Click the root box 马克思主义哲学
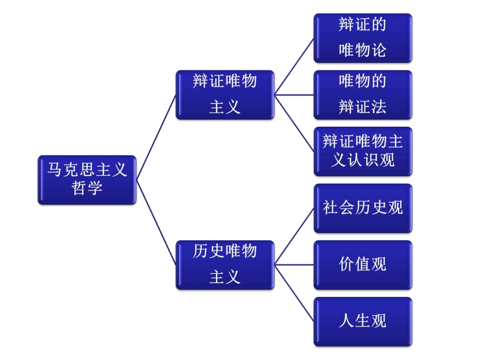pyautogui.click(x=87, y=180)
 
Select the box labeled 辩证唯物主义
pyautogui.click(x=225, y=94)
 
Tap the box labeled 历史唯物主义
pyautogui.click(x=225, y=265)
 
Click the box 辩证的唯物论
pyautogui.click(x=363, y=38)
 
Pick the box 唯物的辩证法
pyautogui.click(x=363, y=94)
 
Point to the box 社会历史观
pyautogui.click(x=363, y=208)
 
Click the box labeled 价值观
pyautogui.click(x=363, y=265)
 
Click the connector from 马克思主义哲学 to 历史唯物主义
pyautogui.click(x=156, y=222)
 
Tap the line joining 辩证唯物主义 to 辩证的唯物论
pyautogui.click(x=294, y=66)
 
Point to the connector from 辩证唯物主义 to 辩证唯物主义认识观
pyautogui.click(x=294, y=123)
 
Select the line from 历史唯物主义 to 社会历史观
pyautogui.click(x=294, y=236)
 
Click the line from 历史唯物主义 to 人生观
pyautogui.click(x=294, y=293)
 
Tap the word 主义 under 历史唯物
pyautogui.click(x=225, y=277)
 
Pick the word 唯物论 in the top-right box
pyautogui.click(x=363, y=50)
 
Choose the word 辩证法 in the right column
pyautogui.click(x=363, y=107)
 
